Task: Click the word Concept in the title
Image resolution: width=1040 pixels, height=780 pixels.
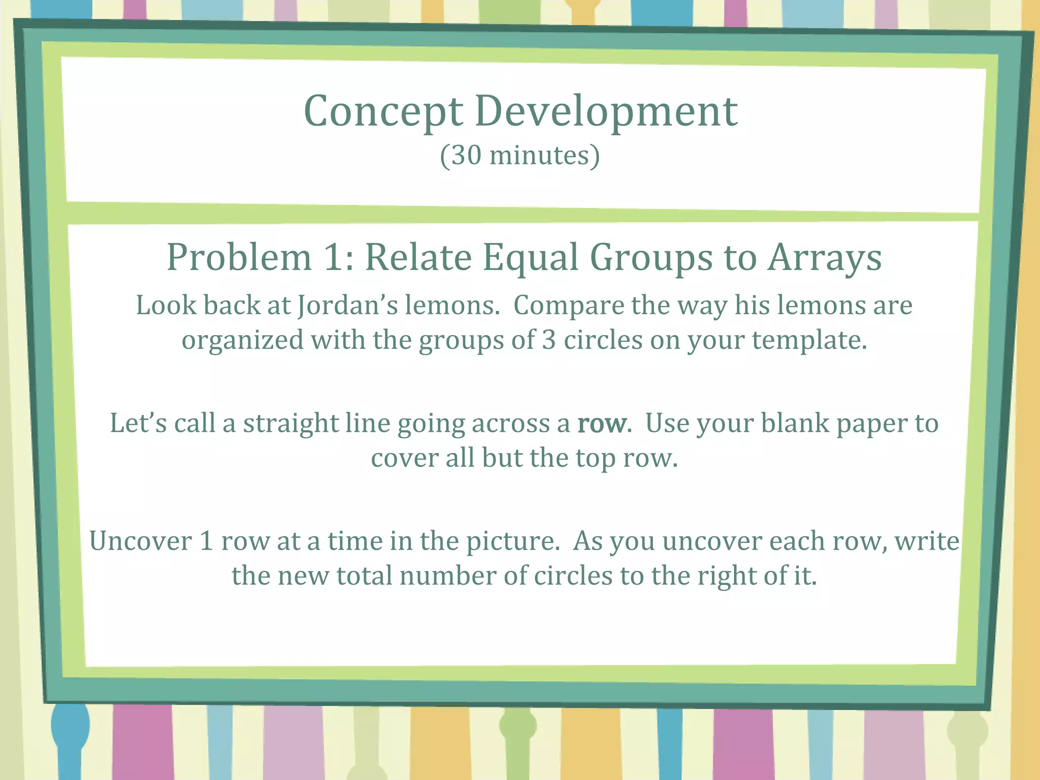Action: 383,112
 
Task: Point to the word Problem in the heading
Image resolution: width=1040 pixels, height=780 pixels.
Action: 239,257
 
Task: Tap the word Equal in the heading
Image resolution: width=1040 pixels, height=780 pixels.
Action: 531,257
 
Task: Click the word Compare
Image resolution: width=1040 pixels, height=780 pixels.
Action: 569,306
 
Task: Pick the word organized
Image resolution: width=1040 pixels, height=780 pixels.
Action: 243,340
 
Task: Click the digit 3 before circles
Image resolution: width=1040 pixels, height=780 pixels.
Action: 548,340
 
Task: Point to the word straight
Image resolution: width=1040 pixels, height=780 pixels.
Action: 290,424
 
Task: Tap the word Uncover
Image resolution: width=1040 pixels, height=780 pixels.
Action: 141,541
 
